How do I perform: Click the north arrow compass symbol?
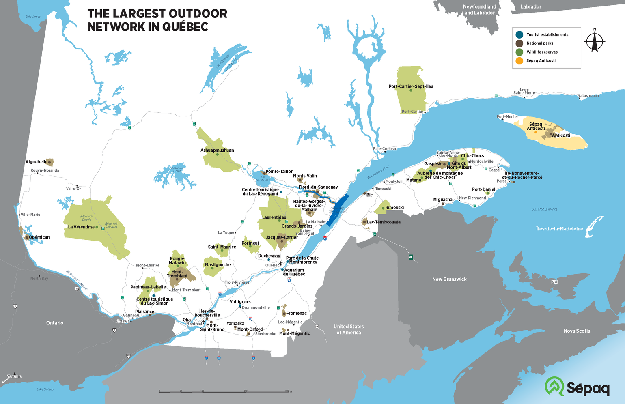pos(595,41)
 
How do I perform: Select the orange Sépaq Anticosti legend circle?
pos(519,61)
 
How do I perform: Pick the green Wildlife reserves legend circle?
pos(519,52)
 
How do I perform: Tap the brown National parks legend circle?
pos(519,43)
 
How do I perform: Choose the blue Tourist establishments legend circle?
pos(519,34)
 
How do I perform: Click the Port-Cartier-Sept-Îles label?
pos(411,86)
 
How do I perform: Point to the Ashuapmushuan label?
pos(217,150)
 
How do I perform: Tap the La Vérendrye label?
pos(81,227)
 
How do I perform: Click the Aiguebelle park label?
pos(36,162)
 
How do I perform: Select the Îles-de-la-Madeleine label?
pos(559,229)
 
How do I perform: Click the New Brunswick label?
pos(449,279)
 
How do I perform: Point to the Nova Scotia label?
pos(577,331)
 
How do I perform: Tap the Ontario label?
pos(55,323)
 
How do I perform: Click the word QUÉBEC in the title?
pos(185,27)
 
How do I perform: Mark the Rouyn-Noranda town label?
pos(45,170)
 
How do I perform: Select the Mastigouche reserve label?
pos(218,265)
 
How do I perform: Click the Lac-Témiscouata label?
pos(384,222)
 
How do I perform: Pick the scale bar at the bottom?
pos(225,391)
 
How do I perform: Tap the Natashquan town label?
pos(588,96)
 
